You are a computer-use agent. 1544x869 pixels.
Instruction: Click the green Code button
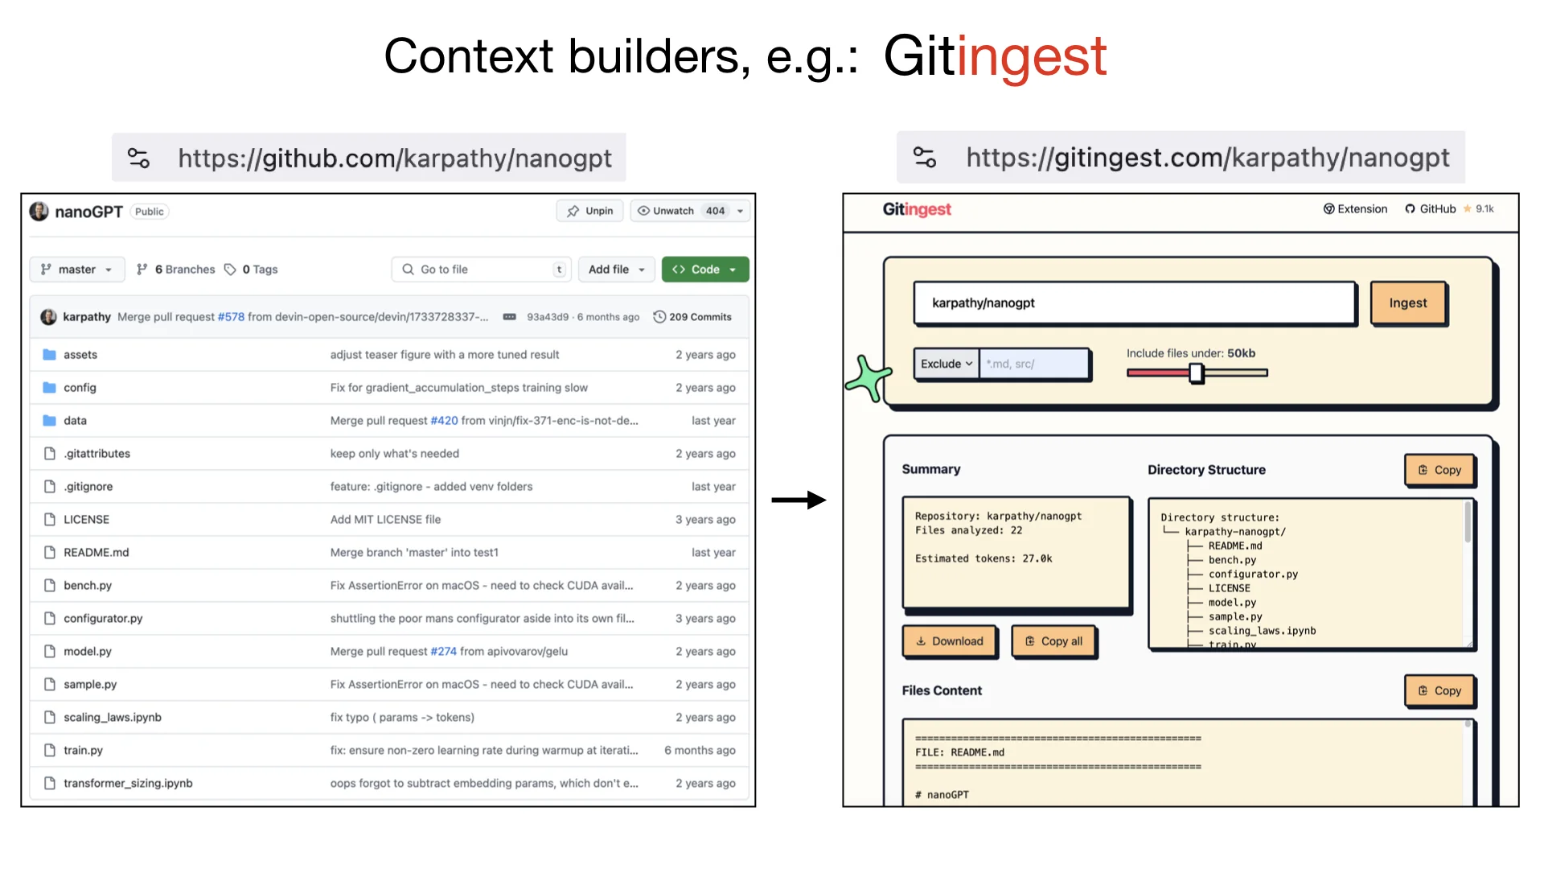[x=704, y=270]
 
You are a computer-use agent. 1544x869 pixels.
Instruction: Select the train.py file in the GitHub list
[x=84, y=750]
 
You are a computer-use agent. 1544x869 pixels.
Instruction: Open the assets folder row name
[x=80, y=355]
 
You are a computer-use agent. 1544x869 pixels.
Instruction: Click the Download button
[x=950, y=641]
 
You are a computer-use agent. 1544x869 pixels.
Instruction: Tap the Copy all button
[x=1053, y=641]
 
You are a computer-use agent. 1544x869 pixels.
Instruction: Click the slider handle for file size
[x=1196, y=373]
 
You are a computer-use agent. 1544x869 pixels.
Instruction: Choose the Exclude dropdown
[x=946, y=364]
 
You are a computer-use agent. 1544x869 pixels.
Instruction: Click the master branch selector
[x=77, y=270]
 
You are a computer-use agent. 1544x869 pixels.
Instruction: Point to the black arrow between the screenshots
[x=798, y=500]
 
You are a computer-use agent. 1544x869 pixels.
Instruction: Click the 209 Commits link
[x=692, y=317]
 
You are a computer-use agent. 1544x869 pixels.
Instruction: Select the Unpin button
[x=590, y=211]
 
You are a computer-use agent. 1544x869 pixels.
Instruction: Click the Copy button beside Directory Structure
[x=1439, y=470]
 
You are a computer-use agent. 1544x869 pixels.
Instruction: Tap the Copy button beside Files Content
[x=1439, y=690]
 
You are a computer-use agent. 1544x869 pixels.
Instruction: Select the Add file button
[x=616, y=270]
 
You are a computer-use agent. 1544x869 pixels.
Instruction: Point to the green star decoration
[x=868, y=377]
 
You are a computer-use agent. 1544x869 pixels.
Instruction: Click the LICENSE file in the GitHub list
[x=87, y=520]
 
